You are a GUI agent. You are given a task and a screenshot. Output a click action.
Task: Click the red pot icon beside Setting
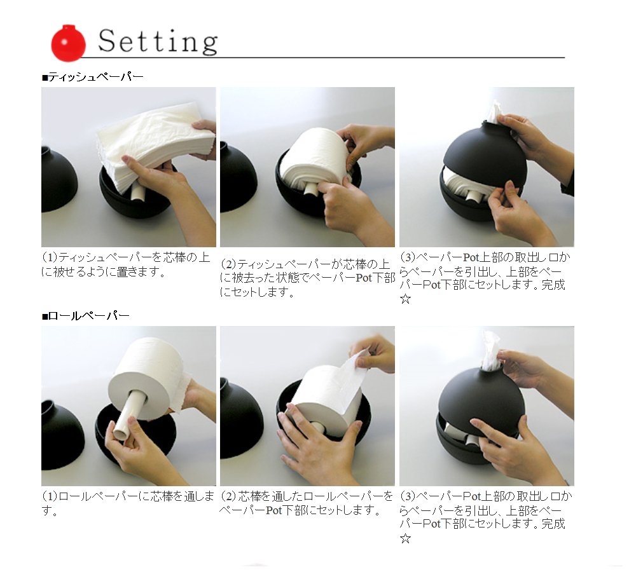tap(68, 43)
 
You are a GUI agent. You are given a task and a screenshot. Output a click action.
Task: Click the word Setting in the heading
tap(158, 42)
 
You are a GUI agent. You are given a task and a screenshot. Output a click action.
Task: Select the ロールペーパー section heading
tap(86, 315)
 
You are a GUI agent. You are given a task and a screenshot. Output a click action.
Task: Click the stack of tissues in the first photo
tap(156, 146)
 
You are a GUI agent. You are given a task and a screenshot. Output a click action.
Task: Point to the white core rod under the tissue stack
tap(137, 192)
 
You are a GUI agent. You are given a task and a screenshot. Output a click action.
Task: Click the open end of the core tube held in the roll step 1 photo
tap(121, 433)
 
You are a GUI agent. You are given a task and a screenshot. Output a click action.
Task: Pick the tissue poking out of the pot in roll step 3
tap(491, 350)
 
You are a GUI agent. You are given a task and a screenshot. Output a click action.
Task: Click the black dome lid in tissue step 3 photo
tap(483, 154)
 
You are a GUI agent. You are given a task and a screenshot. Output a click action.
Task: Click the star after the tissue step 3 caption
tap(405, 299)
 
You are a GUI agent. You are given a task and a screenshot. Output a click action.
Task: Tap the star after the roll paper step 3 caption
tap(405, 539)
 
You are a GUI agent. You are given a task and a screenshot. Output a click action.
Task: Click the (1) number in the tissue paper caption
tap(50, 257)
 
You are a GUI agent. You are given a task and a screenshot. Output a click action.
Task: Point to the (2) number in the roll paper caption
tap(229, 496)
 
